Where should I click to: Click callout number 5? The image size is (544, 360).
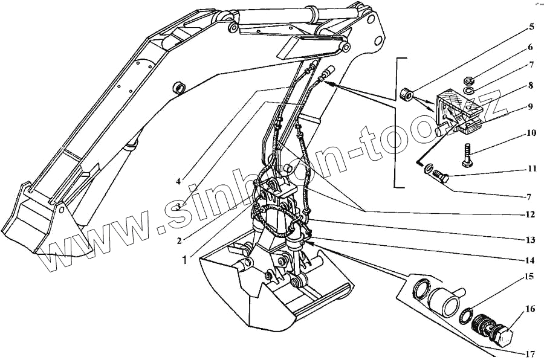(x=531, y=27)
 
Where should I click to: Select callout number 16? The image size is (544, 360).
(x=529, y=309)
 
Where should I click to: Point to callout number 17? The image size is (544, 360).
(x=529, y=353)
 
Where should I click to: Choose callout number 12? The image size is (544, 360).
(x=530, y=214)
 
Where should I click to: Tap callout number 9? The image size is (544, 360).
(x=530, y=106)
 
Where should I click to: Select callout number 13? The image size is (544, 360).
(x=529, y=240)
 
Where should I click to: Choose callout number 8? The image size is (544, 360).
(x=530, y=85)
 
